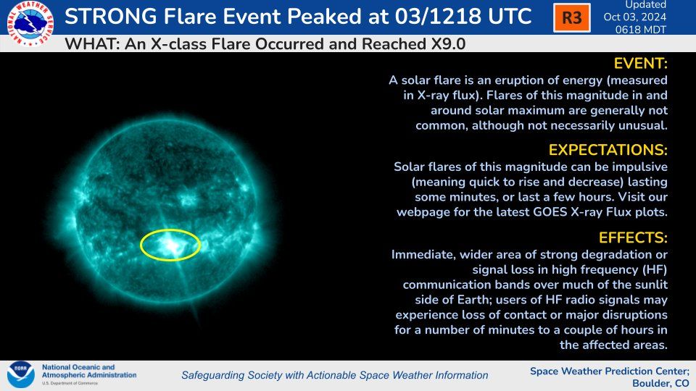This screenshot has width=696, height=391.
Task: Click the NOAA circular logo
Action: pos(21,374)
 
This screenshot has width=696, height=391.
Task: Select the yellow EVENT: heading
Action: pos(640,64)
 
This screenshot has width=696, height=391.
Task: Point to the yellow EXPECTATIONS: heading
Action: pos(608,150)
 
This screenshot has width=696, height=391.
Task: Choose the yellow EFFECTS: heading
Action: pos(632,237)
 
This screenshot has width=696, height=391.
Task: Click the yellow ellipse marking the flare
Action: pos(170,245)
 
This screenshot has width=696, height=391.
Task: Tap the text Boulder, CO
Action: pos(656,382)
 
